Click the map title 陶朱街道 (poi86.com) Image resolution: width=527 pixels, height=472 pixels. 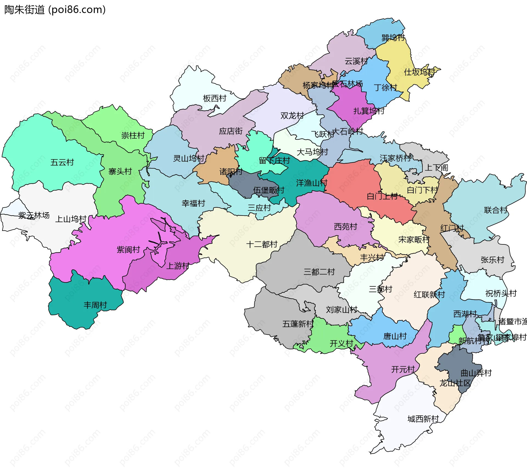point(55,10)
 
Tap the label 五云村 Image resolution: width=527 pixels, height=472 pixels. point(62,162)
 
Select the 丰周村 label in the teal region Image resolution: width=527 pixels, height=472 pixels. point(95,305)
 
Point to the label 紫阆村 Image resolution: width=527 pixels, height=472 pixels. point(128,250)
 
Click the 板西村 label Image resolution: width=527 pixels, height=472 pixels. point(214,98)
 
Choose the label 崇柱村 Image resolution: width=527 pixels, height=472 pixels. point(133,135)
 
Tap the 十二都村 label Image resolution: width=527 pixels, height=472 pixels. point(262,244)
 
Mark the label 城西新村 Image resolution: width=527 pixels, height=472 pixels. point(423,419)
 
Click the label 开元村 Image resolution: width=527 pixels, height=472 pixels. point(403,369)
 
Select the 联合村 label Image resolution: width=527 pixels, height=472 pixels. point(496,210)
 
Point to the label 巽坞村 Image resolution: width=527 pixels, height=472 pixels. point(393,38)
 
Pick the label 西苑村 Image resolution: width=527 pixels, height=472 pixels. point(345,227)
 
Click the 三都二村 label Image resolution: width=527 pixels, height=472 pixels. point(319,272)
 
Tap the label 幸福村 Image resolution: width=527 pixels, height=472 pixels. point(193,203)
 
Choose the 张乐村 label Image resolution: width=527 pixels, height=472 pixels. point(492,260)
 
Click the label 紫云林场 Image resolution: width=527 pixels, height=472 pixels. point(34,215)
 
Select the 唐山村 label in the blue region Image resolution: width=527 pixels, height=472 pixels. point(395,336)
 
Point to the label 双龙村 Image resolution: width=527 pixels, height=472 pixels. point(292,116)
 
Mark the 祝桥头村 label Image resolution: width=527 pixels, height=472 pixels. point(501,294)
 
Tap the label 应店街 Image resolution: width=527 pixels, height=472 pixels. point(231,131)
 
